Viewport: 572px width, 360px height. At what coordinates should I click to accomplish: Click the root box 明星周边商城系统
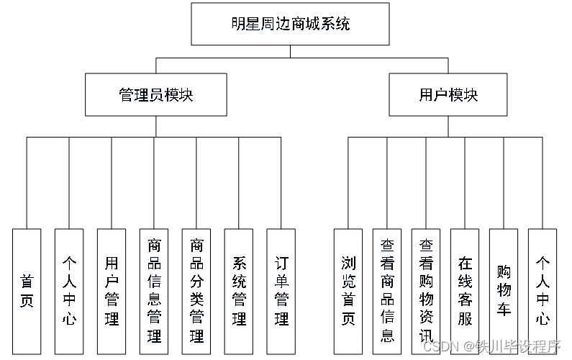click(290, 24)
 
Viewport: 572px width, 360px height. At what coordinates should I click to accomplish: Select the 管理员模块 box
click(156, 95)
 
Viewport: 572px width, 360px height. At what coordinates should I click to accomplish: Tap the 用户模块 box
click(448, 95)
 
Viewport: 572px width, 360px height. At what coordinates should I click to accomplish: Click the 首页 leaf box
click(27, 292)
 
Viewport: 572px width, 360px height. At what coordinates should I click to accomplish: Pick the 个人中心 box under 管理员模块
click(69, 292)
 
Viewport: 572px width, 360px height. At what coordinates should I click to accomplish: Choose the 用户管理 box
click(112, 292)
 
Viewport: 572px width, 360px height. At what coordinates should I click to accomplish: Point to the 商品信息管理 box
click(154, 292)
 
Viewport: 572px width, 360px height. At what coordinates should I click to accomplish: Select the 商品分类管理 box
click(196, 292)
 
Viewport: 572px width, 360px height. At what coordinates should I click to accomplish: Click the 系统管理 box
click(239, 292)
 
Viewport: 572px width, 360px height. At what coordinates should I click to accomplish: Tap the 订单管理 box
click(281, 292)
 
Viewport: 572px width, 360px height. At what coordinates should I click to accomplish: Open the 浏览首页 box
click(348, 292)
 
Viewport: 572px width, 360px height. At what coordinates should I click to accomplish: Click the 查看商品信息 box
click(387, 292)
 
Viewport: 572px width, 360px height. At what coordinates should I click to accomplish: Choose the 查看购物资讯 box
click(426, 292)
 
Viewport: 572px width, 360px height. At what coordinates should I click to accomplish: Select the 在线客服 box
click(465, 292)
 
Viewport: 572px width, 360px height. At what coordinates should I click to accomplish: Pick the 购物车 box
click(504, 292)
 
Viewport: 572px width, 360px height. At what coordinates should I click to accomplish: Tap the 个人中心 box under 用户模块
click(543, 292)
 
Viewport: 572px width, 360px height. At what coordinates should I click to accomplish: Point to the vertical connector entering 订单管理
click(281, 184)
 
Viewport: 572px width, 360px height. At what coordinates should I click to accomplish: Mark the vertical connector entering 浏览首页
click(348, 184)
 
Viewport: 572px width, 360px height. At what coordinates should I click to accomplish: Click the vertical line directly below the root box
click(290, 50)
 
